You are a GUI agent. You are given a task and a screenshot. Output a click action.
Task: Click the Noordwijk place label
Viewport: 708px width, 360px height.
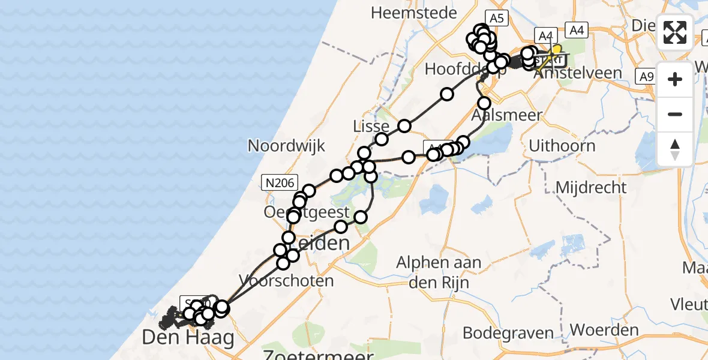286,145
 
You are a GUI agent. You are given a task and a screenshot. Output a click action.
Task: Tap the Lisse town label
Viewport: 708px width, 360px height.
373,127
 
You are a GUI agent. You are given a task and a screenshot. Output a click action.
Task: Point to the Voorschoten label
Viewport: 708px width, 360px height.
286,280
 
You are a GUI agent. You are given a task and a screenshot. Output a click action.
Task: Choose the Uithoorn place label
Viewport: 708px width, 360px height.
562,146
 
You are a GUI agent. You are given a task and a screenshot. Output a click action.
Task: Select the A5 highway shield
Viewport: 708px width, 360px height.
496,19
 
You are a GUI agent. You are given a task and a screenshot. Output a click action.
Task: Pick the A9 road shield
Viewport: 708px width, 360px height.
646,76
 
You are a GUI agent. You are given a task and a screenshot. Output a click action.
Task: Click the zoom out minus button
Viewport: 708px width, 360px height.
675,114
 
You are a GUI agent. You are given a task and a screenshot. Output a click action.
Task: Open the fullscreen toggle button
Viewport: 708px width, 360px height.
675,32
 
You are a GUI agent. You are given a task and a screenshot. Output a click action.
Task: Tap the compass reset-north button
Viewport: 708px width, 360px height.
675,149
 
